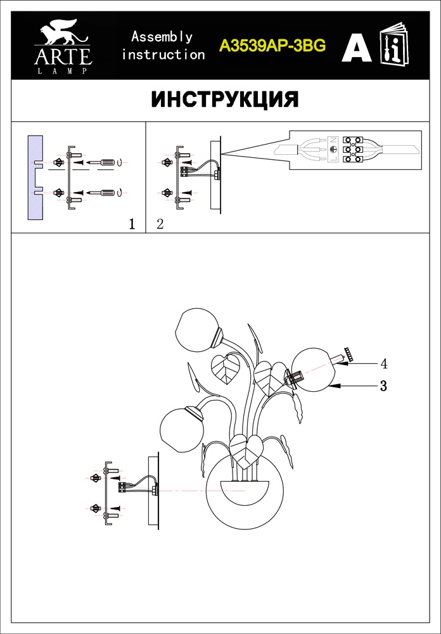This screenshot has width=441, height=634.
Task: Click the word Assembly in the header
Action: [162, 37]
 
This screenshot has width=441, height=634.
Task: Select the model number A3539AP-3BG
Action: [272, 46]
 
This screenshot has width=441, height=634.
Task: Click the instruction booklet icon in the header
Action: [394, 44]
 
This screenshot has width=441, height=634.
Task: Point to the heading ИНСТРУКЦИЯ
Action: [225, 100]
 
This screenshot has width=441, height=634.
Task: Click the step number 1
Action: [131, 224]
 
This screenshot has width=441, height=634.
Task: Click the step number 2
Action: [160, 224]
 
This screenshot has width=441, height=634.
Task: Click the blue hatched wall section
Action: [35, 178]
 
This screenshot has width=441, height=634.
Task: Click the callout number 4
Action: [383, 364]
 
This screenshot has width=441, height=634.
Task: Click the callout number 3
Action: [383, 386]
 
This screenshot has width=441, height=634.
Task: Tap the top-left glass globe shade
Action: [197, 329]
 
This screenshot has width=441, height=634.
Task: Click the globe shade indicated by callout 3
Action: [313, 370]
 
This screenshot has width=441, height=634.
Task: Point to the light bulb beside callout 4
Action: [338, 359]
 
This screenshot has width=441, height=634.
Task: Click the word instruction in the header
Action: [163, 54]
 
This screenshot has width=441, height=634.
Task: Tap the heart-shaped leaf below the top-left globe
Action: [226, 368]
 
